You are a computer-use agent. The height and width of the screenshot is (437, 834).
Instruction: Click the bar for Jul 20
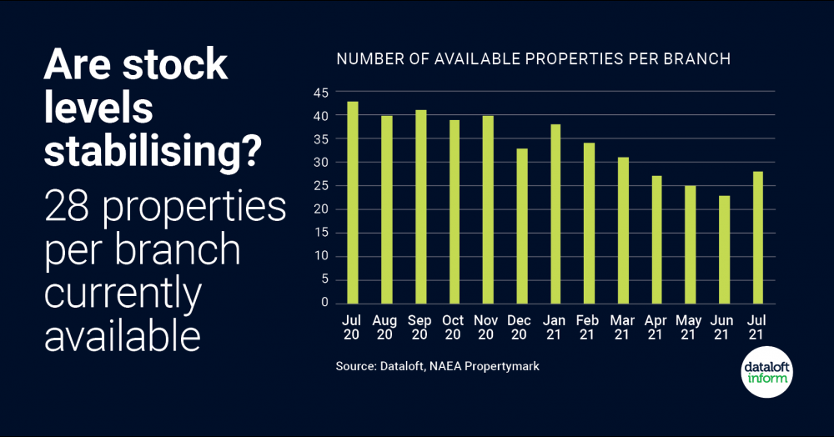[353, 203]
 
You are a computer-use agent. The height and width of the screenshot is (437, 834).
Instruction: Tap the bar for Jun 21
[725, 249]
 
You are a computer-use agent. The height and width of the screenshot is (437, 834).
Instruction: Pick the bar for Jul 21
[758, 238]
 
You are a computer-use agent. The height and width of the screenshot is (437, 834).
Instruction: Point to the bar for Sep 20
[420, 207]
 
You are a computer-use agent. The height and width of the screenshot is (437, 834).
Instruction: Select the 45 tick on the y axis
[321, 92]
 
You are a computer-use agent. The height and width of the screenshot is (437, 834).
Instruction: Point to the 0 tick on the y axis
[324, 303]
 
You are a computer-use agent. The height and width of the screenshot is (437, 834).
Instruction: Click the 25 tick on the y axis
[321, 185]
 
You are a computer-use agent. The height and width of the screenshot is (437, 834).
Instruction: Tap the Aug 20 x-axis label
[386, 327]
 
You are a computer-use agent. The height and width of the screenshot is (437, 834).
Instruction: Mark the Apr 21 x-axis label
[656, 327]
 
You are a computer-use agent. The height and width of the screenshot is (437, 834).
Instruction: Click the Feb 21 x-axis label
[589, 327]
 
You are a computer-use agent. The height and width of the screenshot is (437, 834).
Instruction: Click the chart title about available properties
[533, 59]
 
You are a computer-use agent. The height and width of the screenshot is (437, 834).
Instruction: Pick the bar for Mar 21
[623, 230]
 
